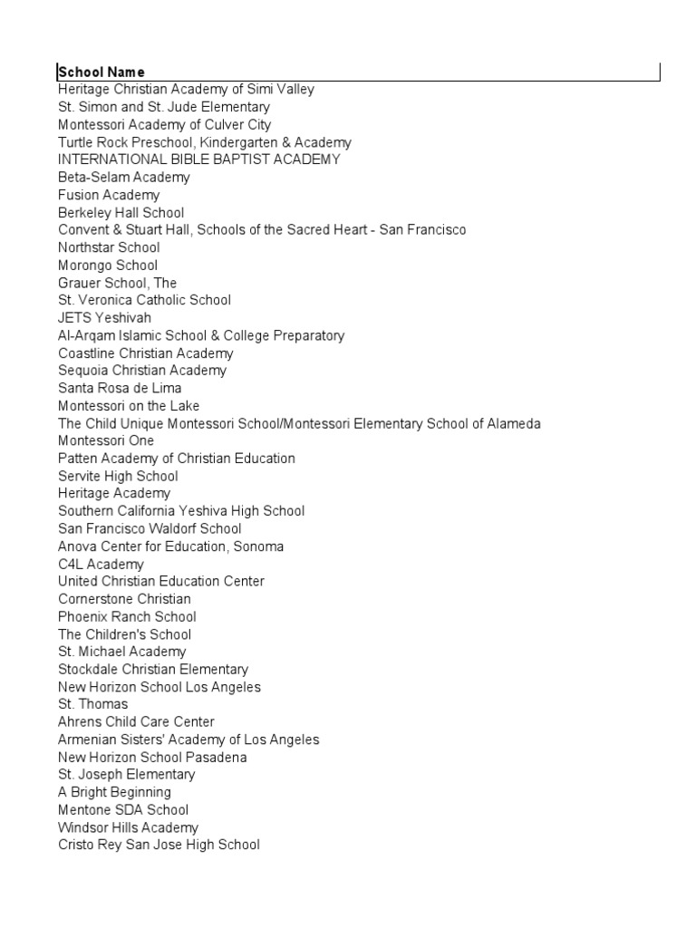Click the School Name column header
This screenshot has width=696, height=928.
pyautogui.click(x=101, y=72)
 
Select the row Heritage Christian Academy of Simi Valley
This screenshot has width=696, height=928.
pyautogui.click(x=186, y=90)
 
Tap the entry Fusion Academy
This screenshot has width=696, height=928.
pyautogui.click(x=109, y=195)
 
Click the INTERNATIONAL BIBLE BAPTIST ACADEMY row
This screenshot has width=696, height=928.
pyautogui.click(x=199, y=159)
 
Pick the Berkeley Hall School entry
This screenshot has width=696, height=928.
pyautogui.click(x=121, y=213)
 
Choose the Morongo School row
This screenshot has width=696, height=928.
pyautogui.click(x=108, y=266)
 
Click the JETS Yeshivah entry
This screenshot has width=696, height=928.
pyautogui.click(x=104, y=318)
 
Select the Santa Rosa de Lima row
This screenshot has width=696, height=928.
pyautogui.click(x=120, y=388)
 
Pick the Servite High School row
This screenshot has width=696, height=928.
pyautogui.click(x=118, y=476)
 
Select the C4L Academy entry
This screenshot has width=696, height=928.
pyautogui.click(x=101, y=564)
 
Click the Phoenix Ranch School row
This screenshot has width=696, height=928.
pyautogui.click(x=127, y=616)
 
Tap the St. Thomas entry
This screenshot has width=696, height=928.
pyautogui.click(x=93, y=704)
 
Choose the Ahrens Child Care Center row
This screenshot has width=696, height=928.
pyautogui.click(x=136, y=722)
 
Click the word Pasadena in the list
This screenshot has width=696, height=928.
pyautogui.click(x=217, y=757)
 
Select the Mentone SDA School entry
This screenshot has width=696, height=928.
pyautogui.click(x=123, y=810)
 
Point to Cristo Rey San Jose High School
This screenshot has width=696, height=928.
pyautogui.click(x=159, y=845)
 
